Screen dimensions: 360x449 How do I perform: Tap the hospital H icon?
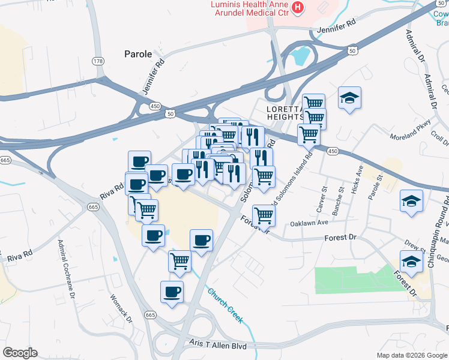(x=297, y=7)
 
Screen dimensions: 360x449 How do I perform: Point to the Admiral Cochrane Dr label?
(x=65, y=270)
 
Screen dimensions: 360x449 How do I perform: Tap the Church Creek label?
(x=226, y=305)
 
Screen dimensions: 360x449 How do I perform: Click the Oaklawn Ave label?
(x=309, y=223)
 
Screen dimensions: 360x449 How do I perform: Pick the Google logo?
(x=20, y=353)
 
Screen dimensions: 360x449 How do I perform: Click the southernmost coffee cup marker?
(x=172, y=292)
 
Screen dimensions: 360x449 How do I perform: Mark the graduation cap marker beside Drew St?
(x=411, y=262)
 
